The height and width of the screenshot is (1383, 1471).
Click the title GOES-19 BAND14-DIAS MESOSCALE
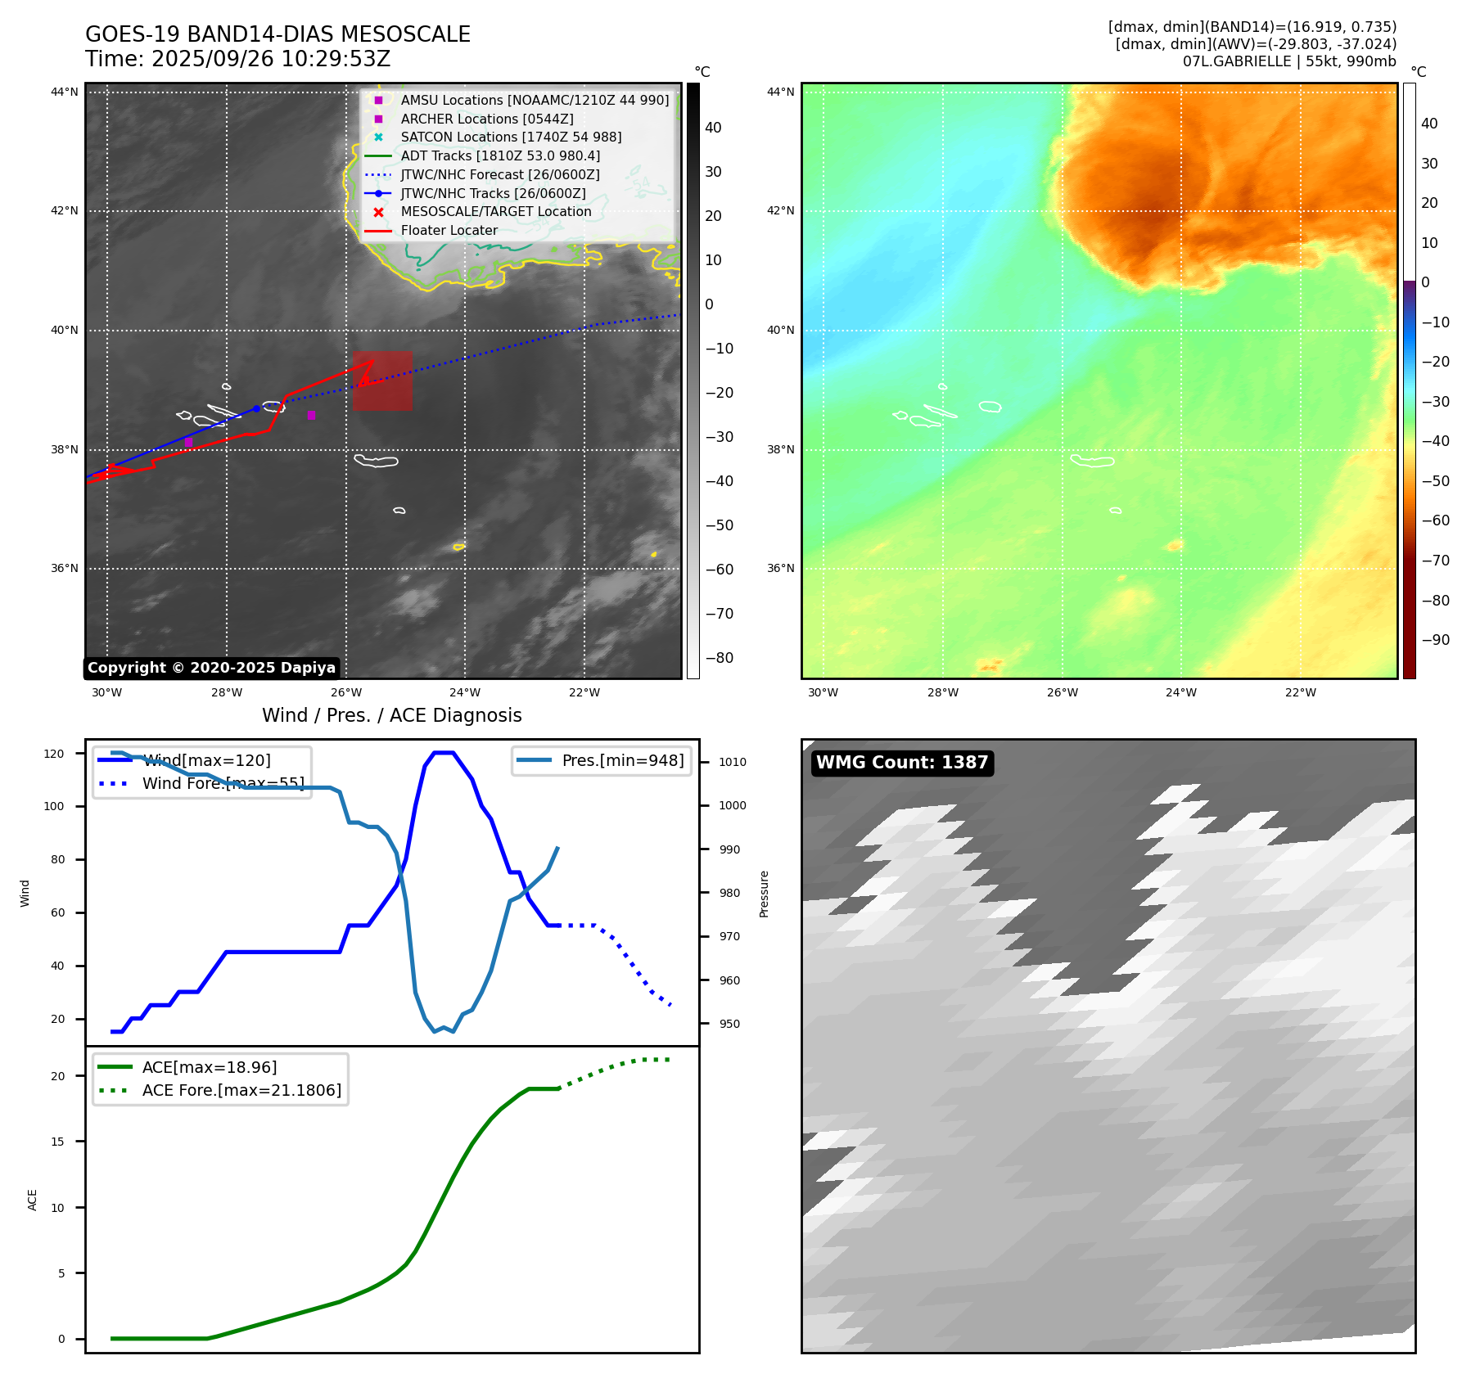coord(278,34)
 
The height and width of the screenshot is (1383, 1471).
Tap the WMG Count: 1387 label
coord(902,763)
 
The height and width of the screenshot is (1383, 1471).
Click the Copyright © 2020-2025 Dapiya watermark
coord(211,668)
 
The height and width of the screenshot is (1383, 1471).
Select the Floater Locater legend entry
coord(449,231)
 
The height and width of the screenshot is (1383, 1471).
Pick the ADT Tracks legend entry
coord(500,156)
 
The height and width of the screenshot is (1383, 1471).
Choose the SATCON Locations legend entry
coord(511,137)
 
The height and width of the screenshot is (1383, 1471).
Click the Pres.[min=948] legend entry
coord(622,760)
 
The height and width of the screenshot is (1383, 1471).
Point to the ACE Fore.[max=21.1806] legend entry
coord(241,1090)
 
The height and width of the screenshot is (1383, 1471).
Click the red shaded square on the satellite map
coord(382,381)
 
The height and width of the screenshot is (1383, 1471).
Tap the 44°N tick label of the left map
coord(65,92)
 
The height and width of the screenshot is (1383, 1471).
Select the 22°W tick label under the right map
coord(1301,692)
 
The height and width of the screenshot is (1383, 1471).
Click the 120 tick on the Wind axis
coord(54,754)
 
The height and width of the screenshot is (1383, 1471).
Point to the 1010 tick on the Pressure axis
coord(733,762)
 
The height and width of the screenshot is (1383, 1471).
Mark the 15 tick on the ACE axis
coord(57,1142)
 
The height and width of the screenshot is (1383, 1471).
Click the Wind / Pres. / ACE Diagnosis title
coord(391,715)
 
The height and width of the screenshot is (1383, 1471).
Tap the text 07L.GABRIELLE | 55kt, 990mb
coord(1289,61)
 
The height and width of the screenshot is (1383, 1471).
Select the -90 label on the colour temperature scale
coord(1435,640)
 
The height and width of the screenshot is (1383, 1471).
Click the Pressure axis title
coord(764,894)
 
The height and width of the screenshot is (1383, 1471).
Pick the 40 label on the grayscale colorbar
coord(713,128)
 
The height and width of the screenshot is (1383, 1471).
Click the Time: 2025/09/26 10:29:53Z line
coord(237,59)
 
